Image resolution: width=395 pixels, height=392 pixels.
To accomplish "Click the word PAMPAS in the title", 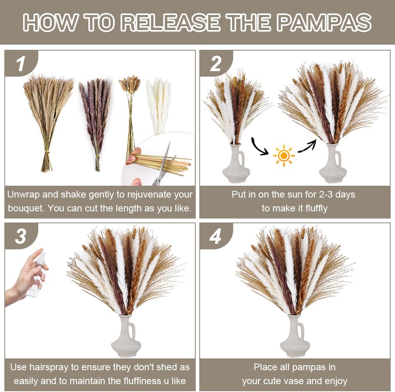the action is pos(325,22).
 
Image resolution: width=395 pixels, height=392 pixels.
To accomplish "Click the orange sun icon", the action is pos(284,156).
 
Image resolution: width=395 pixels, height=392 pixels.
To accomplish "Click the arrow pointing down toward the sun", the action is pos(259,147).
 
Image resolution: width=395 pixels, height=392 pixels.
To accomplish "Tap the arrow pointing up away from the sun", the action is pos(307,146).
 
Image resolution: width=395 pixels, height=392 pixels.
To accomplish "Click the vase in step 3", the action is pos(126,336).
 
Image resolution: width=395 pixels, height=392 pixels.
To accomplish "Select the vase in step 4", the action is pos(295,336).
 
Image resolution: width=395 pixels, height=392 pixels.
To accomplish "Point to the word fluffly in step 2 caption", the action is pos(316,208).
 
